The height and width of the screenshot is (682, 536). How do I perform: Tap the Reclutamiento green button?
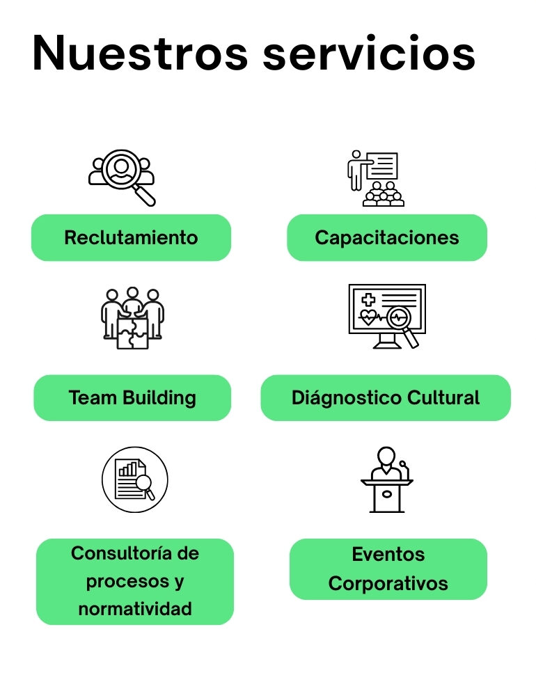coord(131,237)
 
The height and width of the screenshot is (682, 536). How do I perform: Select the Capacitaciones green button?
coord(387,237)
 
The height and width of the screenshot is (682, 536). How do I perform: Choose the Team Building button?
coord(132,398)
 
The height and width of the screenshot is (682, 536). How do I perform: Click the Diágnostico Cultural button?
coord(386,398)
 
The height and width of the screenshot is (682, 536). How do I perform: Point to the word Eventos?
coord(388,555)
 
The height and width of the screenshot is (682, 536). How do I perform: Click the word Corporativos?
coord(388,583)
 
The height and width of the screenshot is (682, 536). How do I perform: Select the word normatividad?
coord(135,609)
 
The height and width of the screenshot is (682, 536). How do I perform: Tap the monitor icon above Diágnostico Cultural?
coord(387,315)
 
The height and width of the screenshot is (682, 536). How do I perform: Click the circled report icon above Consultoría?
coord(135,479)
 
